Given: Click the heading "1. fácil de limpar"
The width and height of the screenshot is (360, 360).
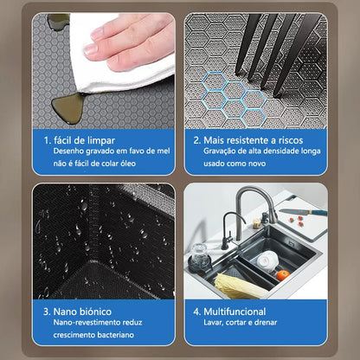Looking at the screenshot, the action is [80, 140].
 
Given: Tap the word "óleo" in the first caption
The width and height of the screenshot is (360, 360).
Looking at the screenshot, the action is [126, 164].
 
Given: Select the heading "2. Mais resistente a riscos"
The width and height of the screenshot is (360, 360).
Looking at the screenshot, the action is [248, 140].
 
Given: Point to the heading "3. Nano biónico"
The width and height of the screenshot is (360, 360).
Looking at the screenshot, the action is [77, 312].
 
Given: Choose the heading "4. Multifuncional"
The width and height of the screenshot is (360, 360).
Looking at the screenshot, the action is [229, 312].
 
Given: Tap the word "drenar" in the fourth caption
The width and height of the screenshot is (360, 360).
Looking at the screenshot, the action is [266, 322].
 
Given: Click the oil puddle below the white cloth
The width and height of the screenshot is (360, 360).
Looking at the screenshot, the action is [67, 108].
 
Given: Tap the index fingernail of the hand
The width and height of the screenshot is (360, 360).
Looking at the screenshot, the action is [91, 49].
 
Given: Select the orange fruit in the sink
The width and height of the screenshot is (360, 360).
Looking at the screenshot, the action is [283, 275].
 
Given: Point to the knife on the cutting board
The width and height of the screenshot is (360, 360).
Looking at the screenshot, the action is [303, 212].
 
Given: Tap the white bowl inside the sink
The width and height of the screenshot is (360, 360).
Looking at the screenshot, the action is [267, 261].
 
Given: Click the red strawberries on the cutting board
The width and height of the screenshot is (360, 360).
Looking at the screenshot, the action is [297, 222].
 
